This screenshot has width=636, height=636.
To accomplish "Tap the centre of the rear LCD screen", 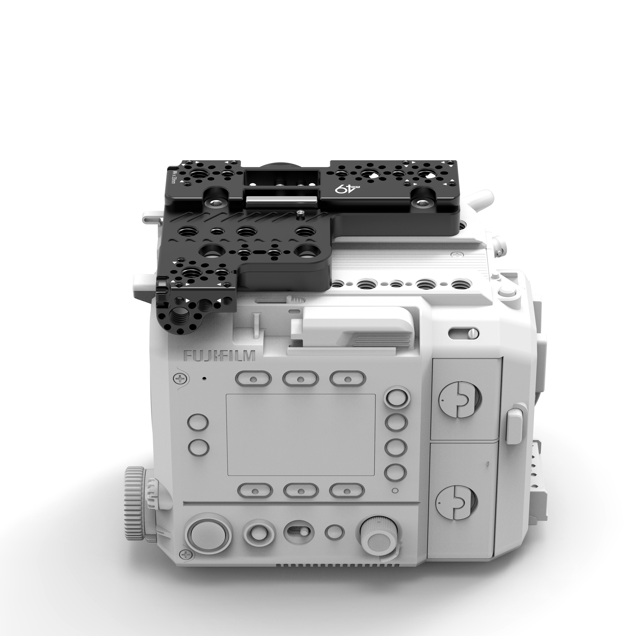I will point(300,435).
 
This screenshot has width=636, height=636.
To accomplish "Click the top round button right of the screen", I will point(396,397).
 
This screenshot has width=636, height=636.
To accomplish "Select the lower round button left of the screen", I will point(198,447).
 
